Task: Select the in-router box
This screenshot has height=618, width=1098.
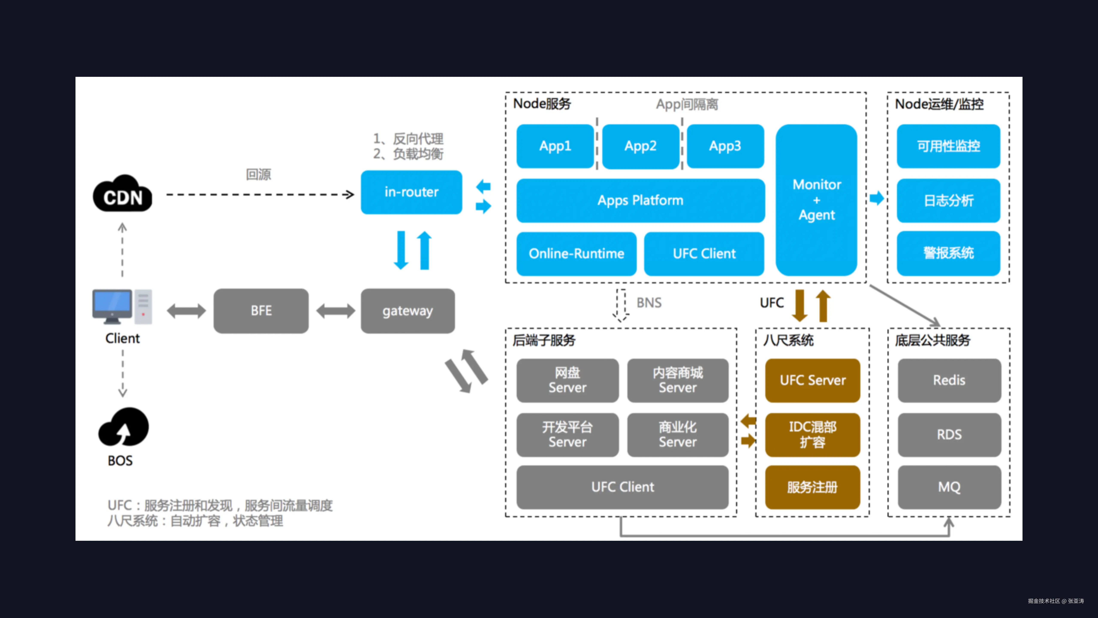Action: click(411, 192)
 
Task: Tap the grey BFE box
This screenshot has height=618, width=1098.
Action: click(261, 311)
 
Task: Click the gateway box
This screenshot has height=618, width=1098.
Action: click(407, 311)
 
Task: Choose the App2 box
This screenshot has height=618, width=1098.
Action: click(640, 146)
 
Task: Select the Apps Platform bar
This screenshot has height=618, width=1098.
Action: click(640, 200)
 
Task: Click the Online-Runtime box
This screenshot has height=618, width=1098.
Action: click(576, 253)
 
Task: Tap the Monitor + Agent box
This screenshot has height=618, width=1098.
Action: click(816, 200)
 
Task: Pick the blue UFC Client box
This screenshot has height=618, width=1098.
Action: click(704, 253)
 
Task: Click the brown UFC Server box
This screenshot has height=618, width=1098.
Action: click(812, 380)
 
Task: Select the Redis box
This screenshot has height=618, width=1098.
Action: click(949, 380)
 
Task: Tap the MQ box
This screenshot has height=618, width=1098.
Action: click(949, 487)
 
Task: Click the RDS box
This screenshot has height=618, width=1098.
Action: click(949, 434)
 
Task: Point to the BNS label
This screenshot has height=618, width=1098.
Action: click(649, 303)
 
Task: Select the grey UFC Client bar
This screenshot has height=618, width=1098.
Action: click(622, 487)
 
